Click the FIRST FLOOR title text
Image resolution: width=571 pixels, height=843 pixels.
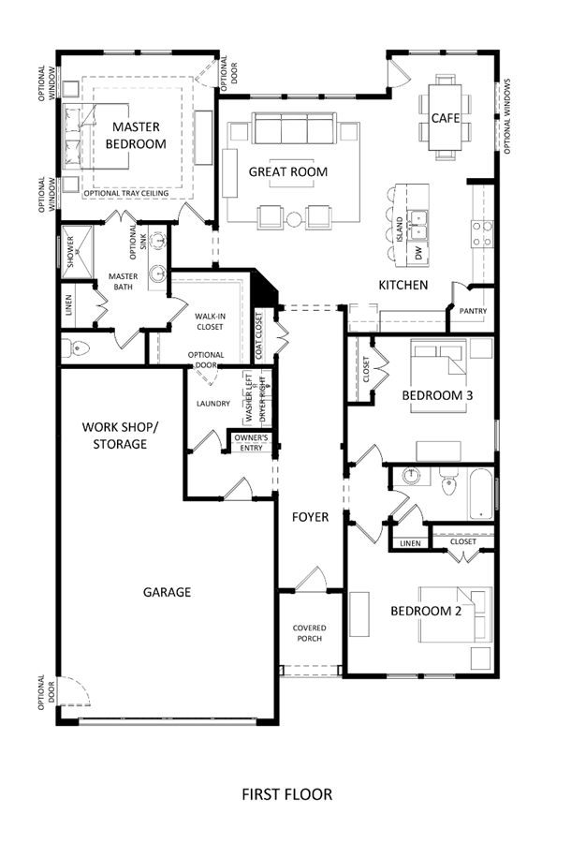click(286, 794)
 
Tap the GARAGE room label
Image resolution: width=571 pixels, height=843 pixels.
click(167, 592)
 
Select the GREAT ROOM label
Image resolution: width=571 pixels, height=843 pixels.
click(288, 171)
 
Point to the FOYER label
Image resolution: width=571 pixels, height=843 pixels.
click(310, 517)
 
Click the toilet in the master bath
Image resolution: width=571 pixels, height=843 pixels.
click(74, 348)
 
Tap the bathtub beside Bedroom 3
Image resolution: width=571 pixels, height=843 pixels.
click(480, 494)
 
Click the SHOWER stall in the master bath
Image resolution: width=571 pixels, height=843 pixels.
click(76, 252)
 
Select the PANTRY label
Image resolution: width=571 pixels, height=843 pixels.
click(473, 311)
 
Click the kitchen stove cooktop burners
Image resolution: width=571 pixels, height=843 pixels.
click(482, 234)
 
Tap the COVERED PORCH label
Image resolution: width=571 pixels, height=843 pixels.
click(310, 633)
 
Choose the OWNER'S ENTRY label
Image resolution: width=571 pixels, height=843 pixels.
click(251, 442)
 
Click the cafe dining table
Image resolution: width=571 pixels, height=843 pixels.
click(445, 117)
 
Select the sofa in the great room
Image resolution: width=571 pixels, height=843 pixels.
click(294, 128)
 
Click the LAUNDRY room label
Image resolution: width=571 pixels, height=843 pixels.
click(213, 403)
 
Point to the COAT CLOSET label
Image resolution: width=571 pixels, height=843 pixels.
click(259, 336)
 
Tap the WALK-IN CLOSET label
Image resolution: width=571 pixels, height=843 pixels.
click(210, 321)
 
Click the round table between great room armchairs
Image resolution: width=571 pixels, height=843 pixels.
click(294, 219)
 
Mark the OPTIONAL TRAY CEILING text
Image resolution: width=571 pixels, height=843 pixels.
click(126, 193)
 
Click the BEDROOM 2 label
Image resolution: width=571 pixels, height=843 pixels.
click(425, 611)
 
